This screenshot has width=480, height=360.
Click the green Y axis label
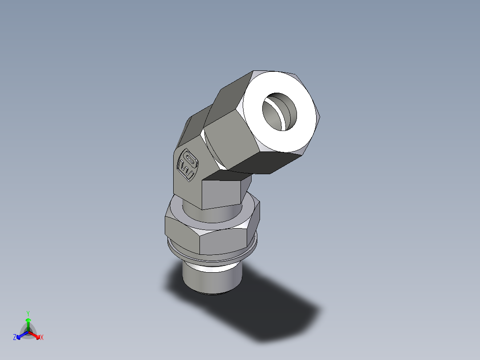[x=28, y=313]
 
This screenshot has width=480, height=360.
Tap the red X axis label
[x=41, y=338]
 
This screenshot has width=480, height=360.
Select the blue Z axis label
[x=15, y=338]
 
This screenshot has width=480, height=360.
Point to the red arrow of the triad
[x=36, y=335]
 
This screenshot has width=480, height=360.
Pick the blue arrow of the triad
[x=20, y=335]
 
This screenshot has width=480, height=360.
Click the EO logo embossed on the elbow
[x=187, y=164]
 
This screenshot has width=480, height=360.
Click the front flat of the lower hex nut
[x=223, y=243]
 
